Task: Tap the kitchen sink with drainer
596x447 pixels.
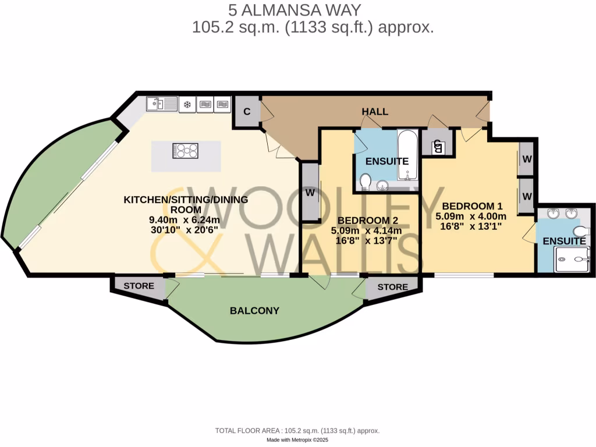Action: (161, 105)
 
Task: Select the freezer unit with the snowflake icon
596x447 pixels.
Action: (187, 105)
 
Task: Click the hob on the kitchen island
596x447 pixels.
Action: (186, 151)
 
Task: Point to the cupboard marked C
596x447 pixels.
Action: (247, 112)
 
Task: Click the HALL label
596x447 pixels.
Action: (375, 111)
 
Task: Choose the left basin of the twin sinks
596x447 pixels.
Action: (552, 214)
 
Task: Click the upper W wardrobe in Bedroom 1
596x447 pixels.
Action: (527, 159)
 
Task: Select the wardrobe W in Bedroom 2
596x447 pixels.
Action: (309, 191)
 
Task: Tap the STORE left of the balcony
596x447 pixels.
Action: (139, 286)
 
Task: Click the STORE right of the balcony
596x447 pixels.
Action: (392, 287)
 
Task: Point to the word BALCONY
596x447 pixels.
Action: (254, 311)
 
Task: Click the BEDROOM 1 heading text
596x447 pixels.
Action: (472, 206)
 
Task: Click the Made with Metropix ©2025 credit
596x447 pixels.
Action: (297, 440)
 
